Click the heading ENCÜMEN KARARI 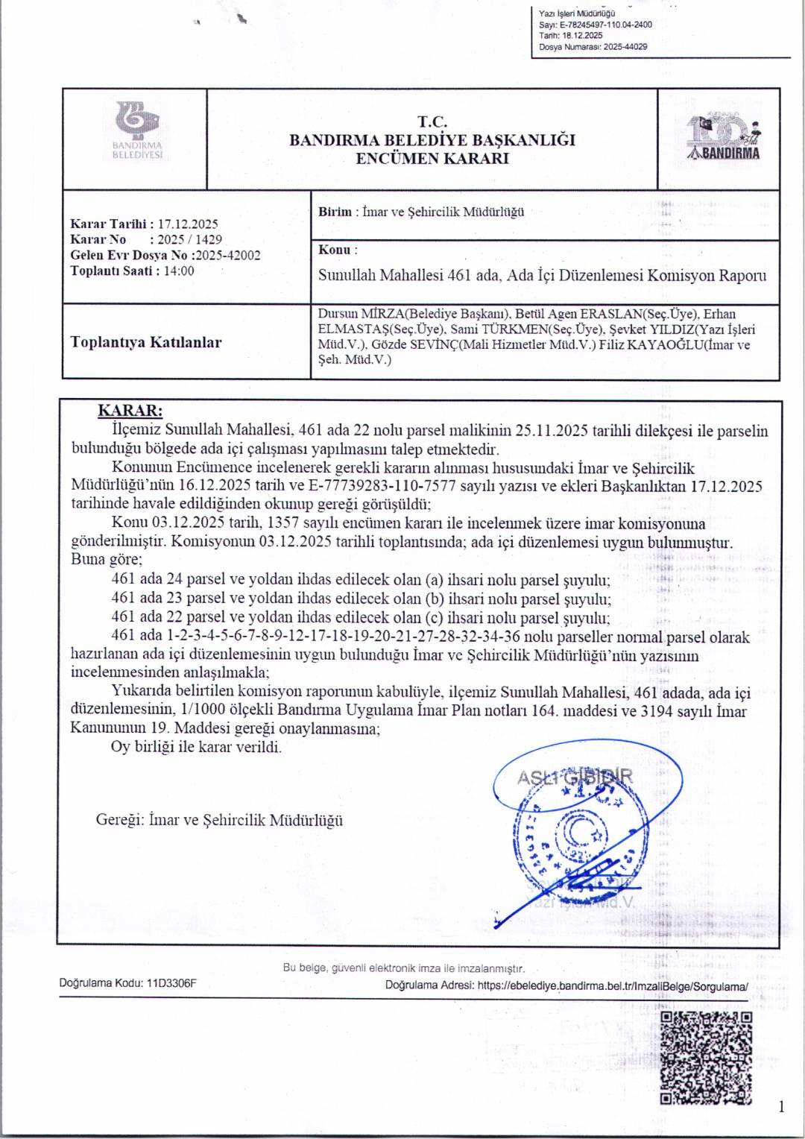(432, 158)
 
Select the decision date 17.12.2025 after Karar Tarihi (188, 224)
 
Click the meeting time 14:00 (179, 271)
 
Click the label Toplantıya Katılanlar (145, 342)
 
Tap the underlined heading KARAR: (130, 411)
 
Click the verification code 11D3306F (172, 983)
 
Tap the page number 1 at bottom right (780, 1106)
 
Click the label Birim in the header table (335, 212)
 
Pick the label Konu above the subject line (335, 250)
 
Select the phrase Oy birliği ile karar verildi (197, 747)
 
